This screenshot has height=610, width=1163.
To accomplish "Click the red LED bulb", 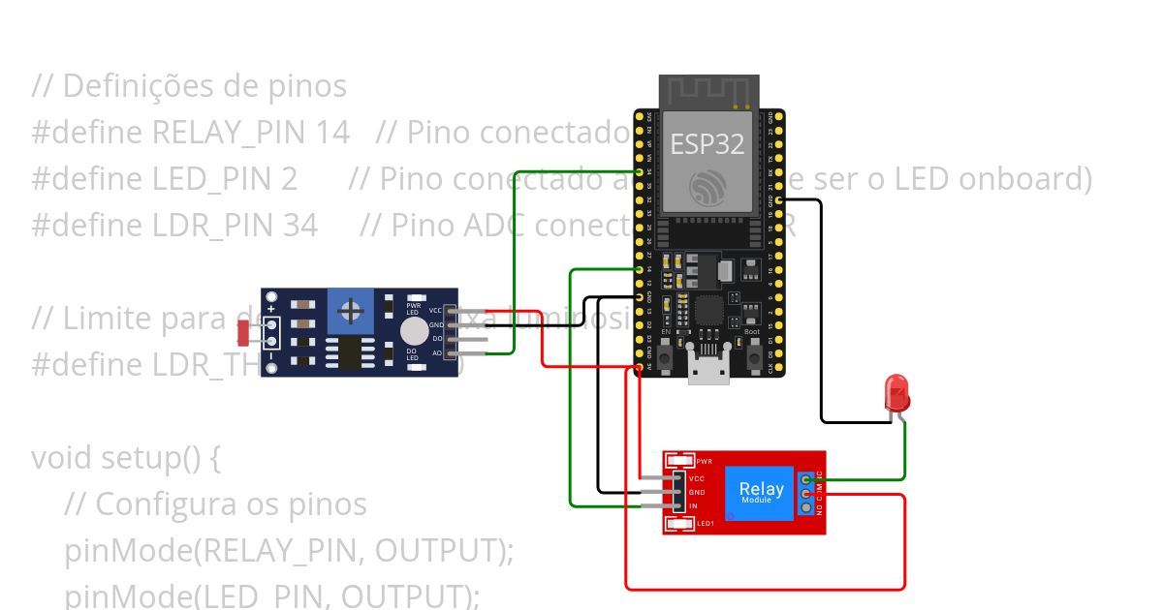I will [x=897, y=393].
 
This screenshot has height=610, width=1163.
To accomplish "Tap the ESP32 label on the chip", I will [x=707, y=144].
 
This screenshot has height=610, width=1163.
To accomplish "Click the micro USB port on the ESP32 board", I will [x=708, y=370].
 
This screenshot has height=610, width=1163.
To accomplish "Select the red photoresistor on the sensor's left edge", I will [x=244, y=332].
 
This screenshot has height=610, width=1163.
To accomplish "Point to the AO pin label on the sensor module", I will [x=436, y=353].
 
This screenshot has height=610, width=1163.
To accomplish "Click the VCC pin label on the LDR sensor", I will [x=435, y=310].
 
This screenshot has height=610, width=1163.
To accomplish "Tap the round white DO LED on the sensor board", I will [x=414, y=330].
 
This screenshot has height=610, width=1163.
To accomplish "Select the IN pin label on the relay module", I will [x=693, y=506].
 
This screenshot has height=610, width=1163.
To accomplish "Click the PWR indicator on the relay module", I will [x=681, y=461].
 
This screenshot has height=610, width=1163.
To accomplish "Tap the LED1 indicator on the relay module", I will [x=681, y=524].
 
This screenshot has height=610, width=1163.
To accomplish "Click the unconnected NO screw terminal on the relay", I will [x=806, y=508].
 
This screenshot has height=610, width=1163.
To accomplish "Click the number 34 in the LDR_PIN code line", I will [x=300, y=226].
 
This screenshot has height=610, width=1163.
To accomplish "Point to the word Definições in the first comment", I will [x=137, y=86].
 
